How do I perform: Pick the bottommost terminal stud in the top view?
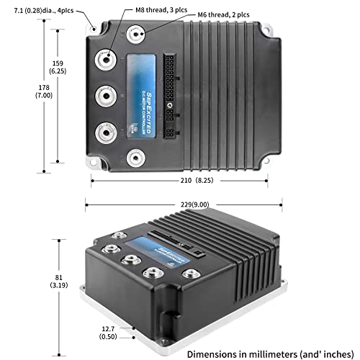point(135,157)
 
